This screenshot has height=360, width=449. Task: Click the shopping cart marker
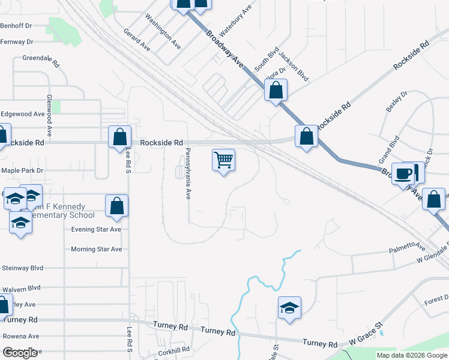[x=223, y=161]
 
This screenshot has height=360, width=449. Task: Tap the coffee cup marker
[x=402, y=174]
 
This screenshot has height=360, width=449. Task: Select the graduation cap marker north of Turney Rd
[x=289, y=308]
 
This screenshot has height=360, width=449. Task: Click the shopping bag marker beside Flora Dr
[x=276, y=91]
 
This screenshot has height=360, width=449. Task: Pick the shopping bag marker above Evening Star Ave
[x=117, y=206]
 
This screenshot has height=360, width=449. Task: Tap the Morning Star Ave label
[x=96, y=249]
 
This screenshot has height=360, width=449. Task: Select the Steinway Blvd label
[x=23, y=268]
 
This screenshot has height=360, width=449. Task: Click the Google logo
[x=20, y=353]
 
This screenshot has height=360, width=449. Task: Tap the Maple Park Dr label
[x=23, y=171]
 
